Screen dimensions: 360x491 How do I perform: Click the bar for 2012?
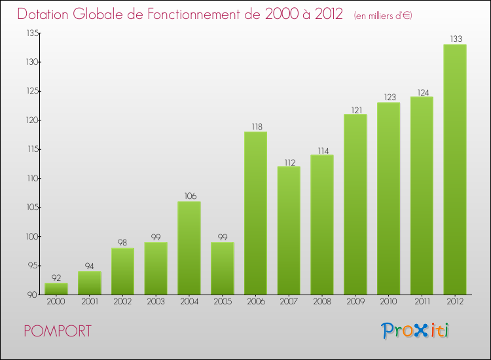click(454, 170)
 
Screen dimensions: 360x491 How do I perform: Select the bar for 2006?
click(255, 213)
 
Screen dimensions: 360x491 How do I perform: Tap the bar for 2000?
click(56, 289)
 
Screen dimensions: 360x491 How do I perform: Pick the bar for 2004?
click(189, 248)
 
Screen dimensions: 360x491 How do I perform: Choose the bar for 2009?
click(355, 205)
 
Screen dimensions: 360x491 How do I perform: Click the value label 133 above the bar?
click(454, 39)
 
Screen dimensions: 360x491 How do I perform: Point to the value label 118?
click(255, 126)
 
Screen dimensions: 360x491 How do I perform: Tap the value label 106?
click(189, 196)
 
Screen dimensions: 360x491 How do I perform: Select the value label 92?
click(56, 277)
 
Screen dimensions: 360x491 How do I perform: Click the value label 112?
click(289, 161)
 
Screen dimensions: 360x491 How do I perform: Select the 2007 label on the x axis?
click(289, 302)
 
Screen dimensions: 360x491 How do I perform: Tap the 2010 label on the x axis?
click(388, 302)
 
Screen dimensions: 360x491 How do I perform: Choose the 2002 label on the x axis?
click(122, 302)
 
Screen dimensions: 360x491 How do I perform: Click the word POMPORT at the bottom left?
click(58, 331)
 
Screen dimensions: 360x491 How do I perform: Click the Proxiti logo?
click(415, 331)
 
